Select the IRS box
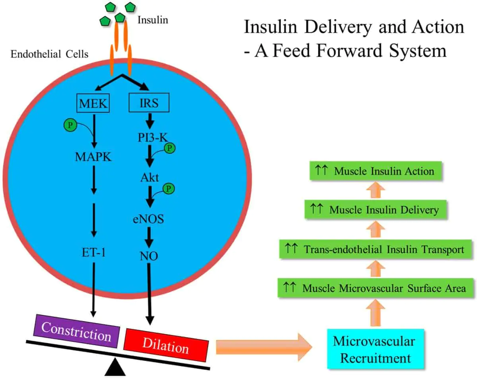click(x=149, y=103)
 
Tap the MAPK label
click(x=93, y=156)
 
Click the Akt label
click(x=149, y=178)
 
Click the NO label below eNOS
click(x=149, y=256)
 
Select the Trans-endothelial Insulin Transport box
click(x=375, y=249)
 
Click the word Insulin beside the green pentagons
click(x=153, y=19)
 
